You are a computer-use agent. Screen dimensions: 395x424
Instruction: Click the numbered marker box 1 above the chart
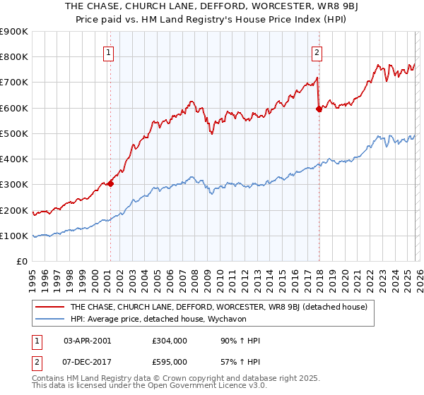(110, 51)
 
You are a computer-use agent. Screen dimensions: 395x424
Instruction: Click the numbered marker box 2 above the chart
(317, 51)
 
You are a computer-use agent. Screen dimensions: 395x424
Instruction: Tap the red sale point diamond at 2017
(319, 109)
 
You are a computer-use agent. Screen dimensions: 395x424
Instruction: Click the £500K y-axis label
(14, 134)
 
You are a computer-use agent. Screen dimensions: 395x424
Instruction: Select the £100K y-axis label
(14, 236)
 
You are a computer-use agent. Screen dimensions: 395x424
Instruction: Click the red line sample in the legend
(51, 307)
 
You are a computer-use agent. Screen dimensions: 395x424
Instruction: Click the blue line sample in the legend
(51, 319)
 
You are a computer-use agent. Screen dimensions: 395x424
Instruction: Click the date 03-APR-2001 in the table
(87, 340)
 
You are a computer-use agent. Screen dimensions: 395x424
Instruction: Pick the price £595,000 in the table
(170, 363)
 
